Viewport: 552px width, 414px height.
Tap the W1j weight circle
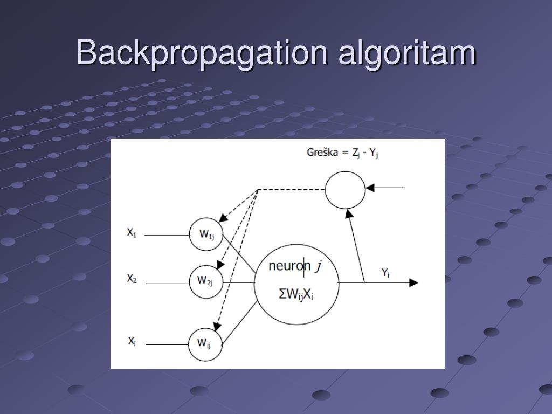click(x=206, y=234)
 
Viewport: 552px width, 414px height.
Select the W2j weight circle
click(x=206, y=281)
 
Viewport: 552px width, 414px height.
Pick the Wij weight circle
click(x=205, y=343)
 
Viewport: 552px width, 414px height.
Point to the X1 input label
click(x=132, y=233)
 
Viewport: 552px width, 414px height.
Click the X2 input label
click(x=132, y=279)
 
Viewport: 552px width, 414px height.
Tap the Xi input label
click(x=132, y=341)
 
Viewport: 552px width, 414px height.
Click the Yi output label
click(x=385, y=273)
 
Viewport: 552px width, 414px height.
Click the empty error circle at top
click(x=345, y=189)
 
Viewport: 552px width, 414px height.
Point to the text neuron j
click(x=295, y=266)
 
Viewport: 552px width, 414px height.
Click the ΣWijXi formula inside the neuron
click(x=295, y=295)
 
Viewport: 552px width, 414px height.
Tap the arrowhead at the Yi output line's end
click(x=413, y=282)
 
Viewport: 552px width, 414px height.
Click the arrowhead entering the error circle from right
click(x=370, y=188)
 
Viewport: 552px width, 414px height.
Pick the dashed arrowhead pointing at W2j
click(x=219, y=264)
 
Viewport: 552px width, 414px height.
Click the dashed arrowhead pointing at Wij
click(x=217, y=327)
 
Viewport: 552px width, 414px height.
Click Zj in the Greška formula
click(x=356, y=153)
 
